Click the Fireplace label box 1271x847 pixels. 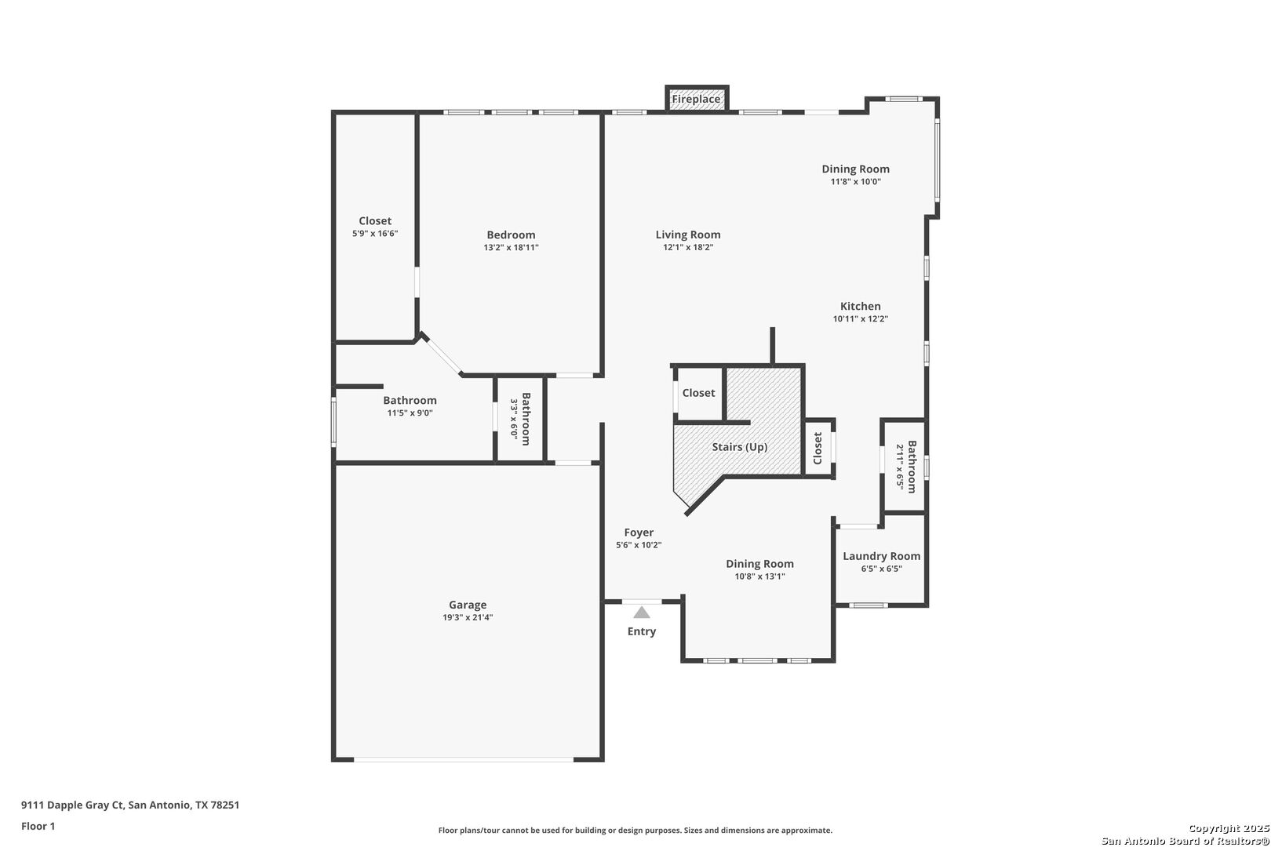(x=696, y=100)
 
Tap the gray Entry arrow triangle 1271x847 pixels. (x=642, y=613)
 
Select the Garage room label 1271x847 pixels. (x=468, y=605)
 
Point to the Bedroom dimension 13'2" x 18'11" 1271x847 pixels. (x=511, y=247)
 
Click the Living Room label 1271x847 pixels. (x=688, y=234)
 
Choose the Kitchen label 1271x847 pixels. (x=860, y=307)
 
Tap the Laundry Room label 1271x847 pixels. (x=881, y=557)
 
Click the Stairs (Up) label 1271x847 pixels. (x=739, y=447)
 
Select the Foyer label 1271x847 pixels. (x=639, y=533)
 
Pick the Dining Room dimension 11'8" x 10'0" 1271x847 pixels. (x=856, y=182)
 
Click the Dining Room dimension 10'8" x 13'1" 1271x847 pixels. (x=759, y=576)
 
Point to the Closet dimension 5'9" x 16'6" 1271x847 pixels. (x=375, y=234)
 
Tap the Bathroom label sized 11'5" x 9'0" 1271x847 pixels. (x=410, y=401)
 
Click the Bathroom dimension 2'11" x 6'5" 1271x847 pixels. (x=899, y=467)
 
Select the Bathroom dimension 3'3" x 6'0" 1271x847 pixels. (x=514, y=419)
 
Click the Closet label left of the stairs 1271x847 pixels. (x=698, y=393)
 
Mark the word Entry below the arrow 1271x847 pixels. (x=642, y=631)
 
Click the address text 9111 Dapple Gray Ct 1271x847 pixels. (x=73, y=805)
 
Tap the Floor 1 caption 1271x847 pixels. (x=38, y=827)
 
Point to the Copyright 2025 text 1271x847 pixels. (x=1229, y=829)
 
